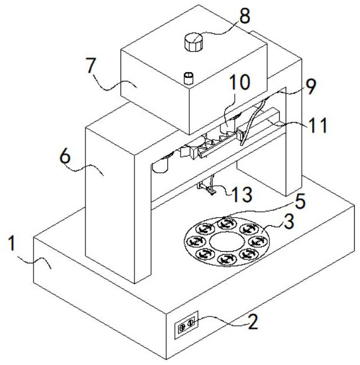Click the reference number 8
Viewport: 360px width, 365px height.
(246, 16)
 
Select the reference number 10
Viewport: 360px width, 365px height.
(240, 82)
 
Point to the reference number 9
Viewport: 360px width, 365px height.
(310, 87)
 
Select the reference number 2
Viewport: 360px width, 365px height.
(252, 322)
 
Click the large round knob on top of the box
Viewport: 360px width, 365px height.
(194, 42)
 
